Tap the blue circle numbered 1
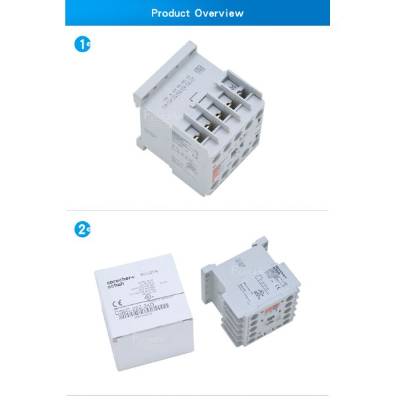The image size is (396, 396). (x=82, y=46)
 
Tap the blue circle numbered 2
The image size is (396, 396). (x=82, y=230)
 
